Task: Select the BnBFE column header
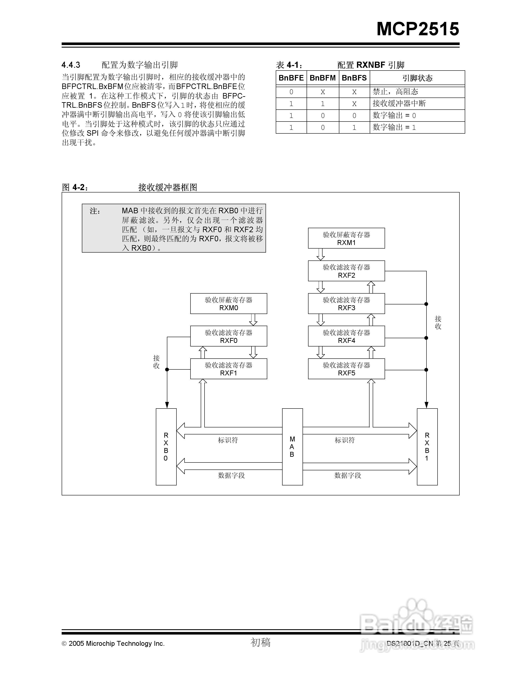291,78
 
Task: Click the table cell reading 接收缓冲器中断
399,103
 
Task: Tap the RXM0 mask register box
228,304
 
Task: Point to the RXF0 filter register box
228,336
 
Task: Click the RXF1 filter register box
228,369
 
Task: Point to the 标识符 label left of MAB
228,440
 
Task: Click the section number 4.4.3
71,65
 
